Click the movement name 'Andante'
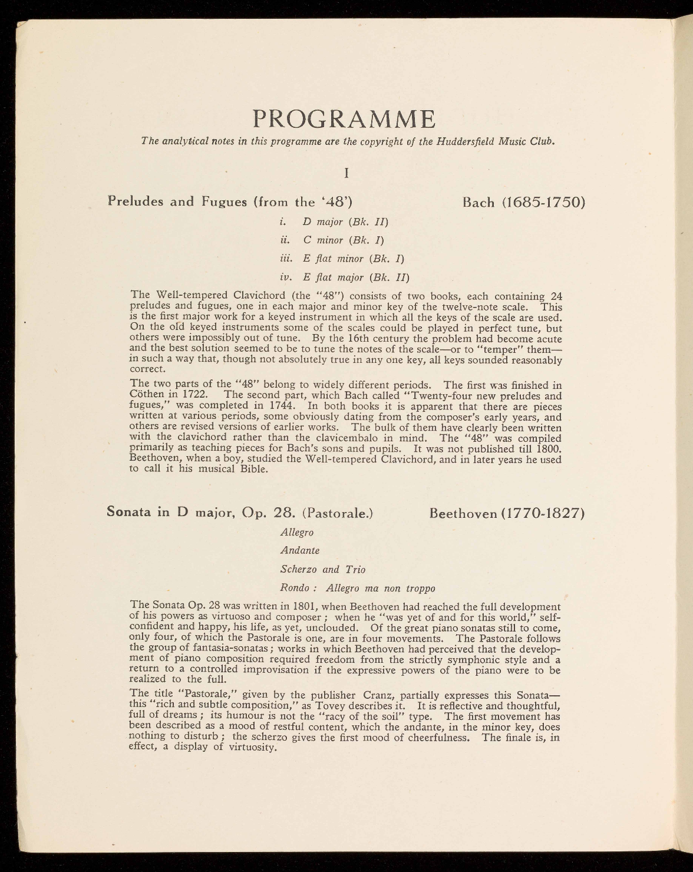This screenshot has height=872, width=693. pos(300,550)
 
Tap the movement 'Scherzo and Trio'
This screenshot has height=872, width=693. pos(322,569)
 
